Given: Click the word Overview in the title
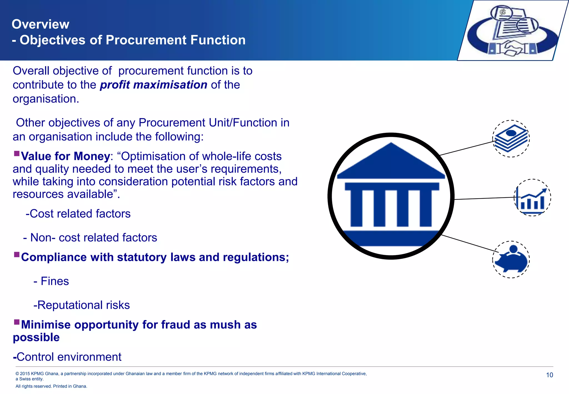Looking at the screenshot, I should pyautogui.click(x=41, y=24).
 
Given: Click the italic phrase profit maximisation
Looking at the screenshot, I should pyautogui.click(x=154, y=85).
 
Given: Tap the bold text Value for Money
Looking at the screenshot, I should pyautogui.click(x=66, y=156).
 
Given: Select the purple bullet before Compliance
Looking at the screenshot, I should pyautogui.click(x=17, y=255).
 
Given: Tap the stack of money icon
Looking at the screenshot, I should pyautogui.click(x=511, y=138).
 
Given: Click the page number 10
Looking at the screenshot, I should pyautogui.click(x=549, y=375).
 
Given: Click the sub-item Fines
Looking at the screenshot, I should pyautogui.click(x=55, y=281).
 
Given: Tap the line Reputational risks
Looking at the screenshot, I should pyautogui.click(x=82, y=305).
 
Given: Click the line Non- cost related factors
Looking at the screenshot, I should pyautogui.click(x=90, y=238).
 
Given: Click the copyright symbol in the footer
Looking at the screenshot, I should pyautogui.click(x=17, y=374).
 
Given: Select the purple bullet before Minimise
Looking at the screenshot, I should pyautogui.click(x=17, y=322).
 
